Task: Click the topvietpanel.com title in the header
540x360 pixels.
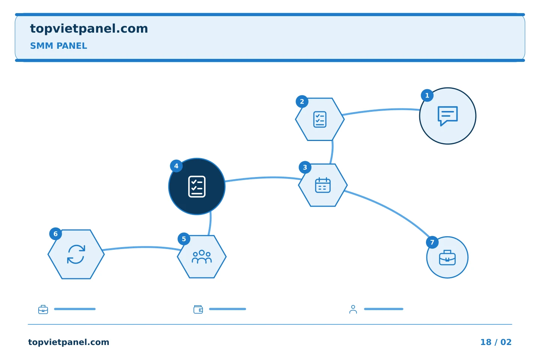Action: coord(89,29)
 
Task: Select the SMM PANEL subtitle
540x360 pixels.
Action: coord(58,46)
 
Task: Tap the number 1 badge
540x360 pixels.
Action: coord(427,96)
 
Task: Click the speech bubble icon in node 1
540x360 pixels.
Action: coord(447,116)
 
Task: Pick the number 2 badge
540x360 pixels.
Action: coord(302,102)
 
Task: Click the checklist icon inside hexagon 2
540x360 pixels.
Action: coord(319,119)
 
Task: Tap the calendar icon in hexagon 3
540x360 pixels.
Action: coord(323,185)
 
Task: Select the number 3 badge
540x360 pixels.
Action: coord(305,167)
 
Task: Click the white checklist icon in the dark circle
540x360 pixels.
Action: coord(197,187)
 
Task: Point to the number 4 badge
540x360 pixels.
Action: coord(176,166)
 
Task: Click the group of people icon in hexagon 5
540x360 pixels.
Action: coord(202,257)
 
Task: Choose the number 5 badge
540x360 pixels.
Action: coord(184,239)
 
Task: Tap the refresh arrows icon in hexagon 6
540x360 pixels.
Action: coord(76,254)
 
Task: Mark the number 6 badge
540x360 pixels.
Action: coord(55,234)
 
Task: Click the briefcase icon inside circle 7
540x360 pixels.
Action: coord(447,258)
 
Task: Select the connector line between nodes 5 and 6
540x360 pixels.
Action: coord(142,247)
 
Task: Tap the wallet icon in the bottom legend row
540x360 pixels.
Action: coord(198,309)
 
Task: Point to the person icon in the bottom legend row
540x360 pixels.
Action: coord(353,309)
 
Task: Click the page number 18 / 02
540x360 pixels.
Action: coord(496,342)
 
